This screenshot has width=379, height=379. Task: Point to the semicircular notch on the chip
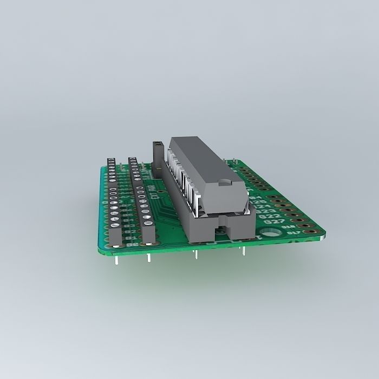[223, 182]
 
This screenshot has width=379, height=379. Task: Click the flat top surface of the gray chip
[200, 157]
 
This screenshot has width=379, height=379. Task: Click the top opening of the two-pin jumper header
[158, 144]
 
